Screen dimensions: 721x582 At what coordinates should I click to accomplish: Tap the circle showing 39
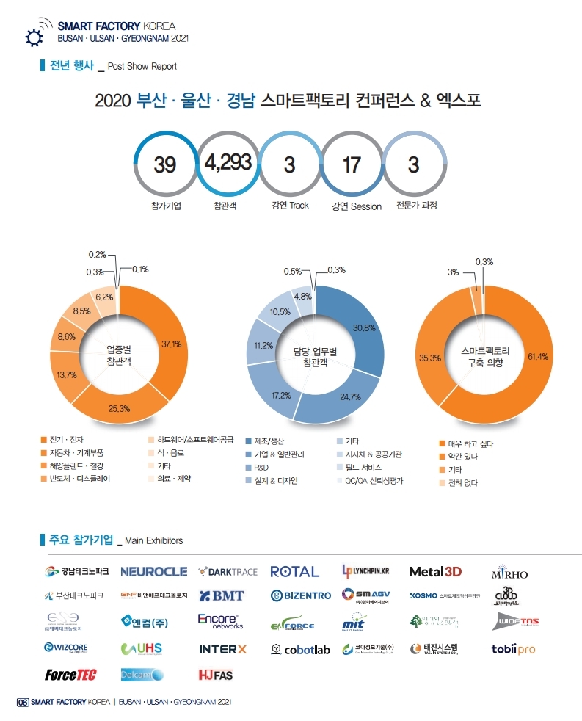coord(165,164)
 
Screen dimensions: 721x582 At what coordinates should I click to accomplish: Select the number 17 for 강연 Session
coord(352,164)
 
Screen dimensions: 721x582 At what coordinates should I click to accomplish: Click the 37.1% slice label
coord(171,344)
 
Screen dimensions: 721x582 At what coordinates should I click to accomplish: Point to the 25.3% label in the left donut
coord(119,408)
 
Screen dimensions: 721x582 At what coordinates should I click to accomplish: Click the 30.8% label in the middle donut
coord(364,327)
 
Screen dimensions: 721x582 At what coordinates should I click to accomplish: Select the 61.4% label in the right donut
coord(537,356)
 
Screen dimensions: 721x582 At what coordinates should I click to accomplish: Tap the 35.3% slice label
coord(429,358)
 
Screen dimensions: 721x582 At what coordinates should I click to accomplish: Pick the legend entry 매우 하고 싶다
coord(470,443)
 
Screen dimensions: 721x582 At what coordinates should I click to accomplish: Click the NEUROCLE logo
coord(153,571)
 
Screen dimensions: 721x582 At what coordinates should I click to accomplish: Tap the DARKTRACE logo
coord(228,571)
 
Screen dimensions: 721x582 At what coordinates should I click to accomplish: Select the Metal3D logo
coord(435,571)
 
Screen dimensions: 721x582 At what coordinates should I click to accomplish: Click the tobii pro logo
coord(513,649)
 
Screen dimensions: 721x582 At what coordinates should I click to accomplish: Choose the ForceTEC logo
coord(70,674)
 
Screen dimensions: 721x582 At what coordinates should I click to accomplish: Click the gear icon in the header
coord(33,37)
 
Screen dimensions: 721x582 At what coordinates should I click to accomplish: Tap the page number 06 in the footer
coord(22,703)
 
